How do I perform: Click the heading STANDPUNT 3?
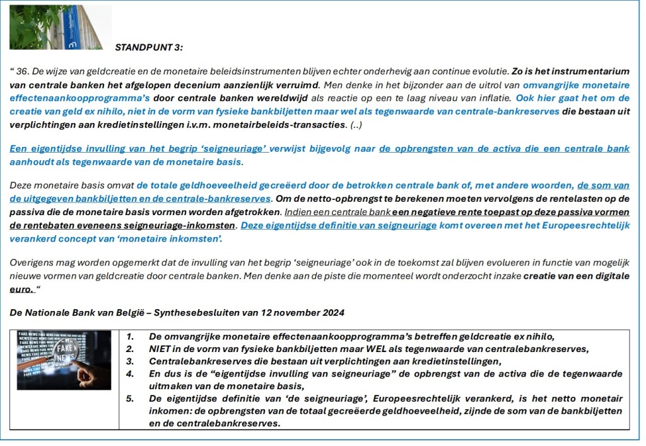149,47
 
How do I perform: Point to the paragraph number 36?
23,72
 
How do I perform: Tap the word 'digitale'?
612,276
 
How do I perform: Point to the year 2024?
333,313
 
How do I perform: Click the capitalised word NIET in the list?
160,349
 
